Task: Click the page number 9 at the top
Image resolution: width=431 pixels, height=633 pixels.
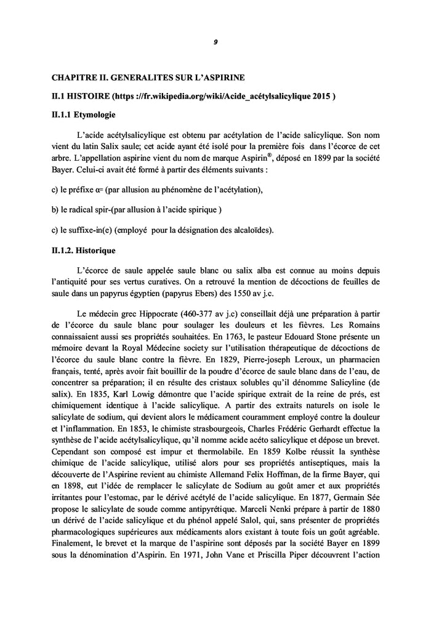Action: click(x=216, y=42)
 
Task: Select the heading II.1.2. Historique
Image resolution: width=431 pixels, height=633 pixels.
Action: click(x=83, y=252)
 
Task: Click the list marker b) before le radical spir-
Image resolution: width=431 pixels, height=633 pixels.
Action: click(x=54, y=209)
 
